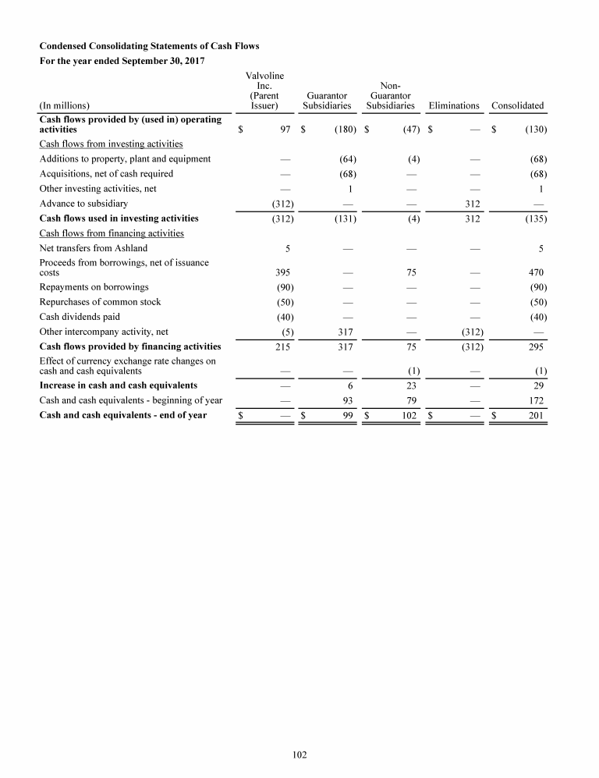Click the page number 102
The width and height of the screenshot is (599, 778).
299,755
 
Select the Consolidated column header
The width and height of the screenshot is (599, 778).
517,106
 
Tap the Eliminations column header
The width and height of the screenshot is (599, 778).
454,106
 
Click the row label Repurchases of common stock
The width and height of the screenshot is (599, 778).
100,302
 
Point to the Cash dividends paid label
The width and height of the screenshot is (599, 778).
80,317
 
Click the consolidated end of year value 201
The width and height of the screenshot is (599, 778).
533,415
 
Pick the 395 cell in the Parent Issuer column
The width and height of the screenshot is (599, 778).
284,272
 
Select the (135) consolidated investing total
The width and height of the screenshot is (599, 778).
534,218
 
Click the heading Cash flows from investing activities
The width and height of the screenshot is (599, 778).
111,144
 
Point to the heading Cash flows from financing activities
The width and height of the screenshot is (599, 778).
112,233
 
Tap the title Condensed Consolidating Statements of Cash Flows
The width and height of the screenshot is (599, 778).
149,47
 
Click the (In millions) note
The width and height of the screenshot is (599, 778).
64,106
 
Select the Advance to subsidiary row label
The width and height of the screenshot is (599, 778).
83,204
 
